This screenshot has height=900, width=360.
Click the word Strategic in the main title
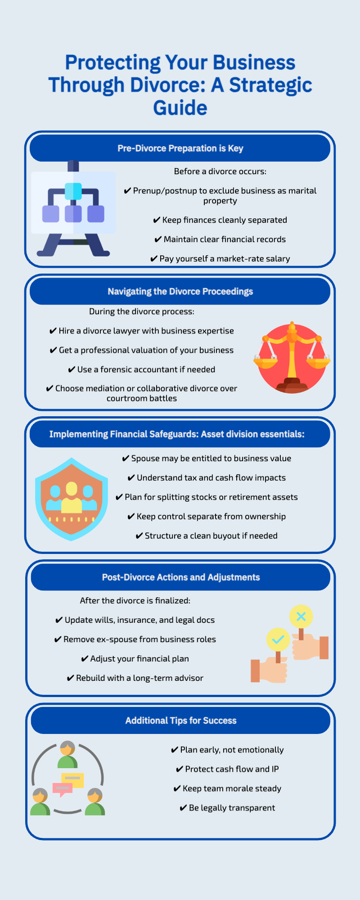point(271,85)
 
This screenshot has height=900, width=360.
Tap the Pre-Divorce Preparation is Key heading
point(180,148)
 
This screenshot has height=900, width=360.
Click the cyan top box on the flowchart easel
point(73,191)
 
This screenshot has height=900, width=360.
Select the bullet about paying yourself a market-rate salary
point(220,259)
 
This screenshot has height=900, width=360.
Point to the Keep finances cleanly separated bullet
point(220,220)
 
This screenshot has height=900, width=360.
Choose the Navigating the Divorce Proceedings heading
point(180,292)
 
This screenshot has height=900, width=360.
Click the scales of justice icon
point(292,357)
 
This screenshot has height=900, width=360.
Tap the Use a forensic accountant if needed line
point(142,369)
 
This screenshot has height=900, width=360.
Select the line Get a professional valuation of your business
point(142,350)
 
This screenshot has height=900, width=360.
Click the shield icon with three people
point(72,499)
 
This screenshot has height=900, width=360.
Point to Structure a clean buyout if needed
point(207,536)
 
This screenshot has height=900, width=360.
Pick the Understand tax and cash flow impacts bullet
point(207,478)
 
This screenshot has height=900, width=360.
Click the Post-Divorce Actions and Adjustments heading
point(181,577)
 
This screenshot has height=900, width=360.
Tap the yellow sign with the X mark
point(301,616)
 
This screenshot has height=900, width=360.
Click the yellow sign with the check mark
point(278,639)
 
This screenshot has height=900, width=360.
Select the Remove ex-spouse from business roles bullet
point(135,639)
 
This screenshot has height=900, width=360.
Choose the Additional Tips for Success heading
point(181,720)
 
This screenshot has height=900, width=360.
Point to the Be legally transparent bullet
point(227,808)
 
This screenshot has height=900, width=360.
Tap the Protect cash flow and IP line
point(227,769)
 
